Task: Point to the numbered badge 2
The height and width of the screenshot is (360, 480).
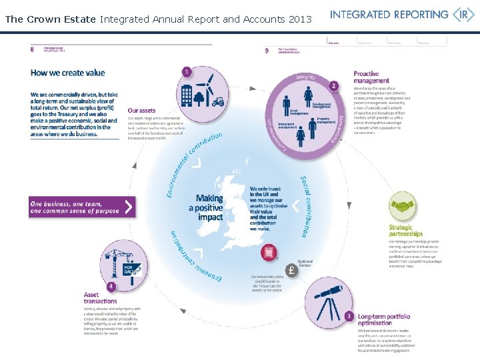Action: click(333, 86)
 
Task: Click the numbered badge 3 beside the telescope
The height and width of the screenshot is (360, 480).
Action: click(349, 315)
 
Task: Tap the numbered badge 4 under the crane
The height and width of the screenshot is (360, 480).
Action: click(111, 286)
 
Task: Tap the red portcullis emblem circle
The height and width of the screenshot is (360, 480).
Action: click(270, 253)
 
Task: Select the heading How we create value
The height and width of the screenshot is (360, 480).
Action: click(68, 73)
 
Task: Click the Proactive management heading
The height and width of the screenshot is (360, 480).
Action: click(371, 77)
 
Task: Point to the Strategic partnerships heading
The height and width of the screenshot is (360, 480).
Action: click(406, 231)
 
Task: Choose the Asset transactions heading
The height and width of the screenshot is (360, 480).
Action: click(101, 297)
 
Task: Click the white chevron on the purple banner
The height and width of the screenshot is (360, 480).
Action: click(128, 207)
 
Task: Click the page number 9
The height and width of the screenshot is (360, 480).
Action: click(267, 50)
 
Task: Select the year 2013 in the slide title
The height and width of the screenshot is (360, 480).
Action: click(300, 19)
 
